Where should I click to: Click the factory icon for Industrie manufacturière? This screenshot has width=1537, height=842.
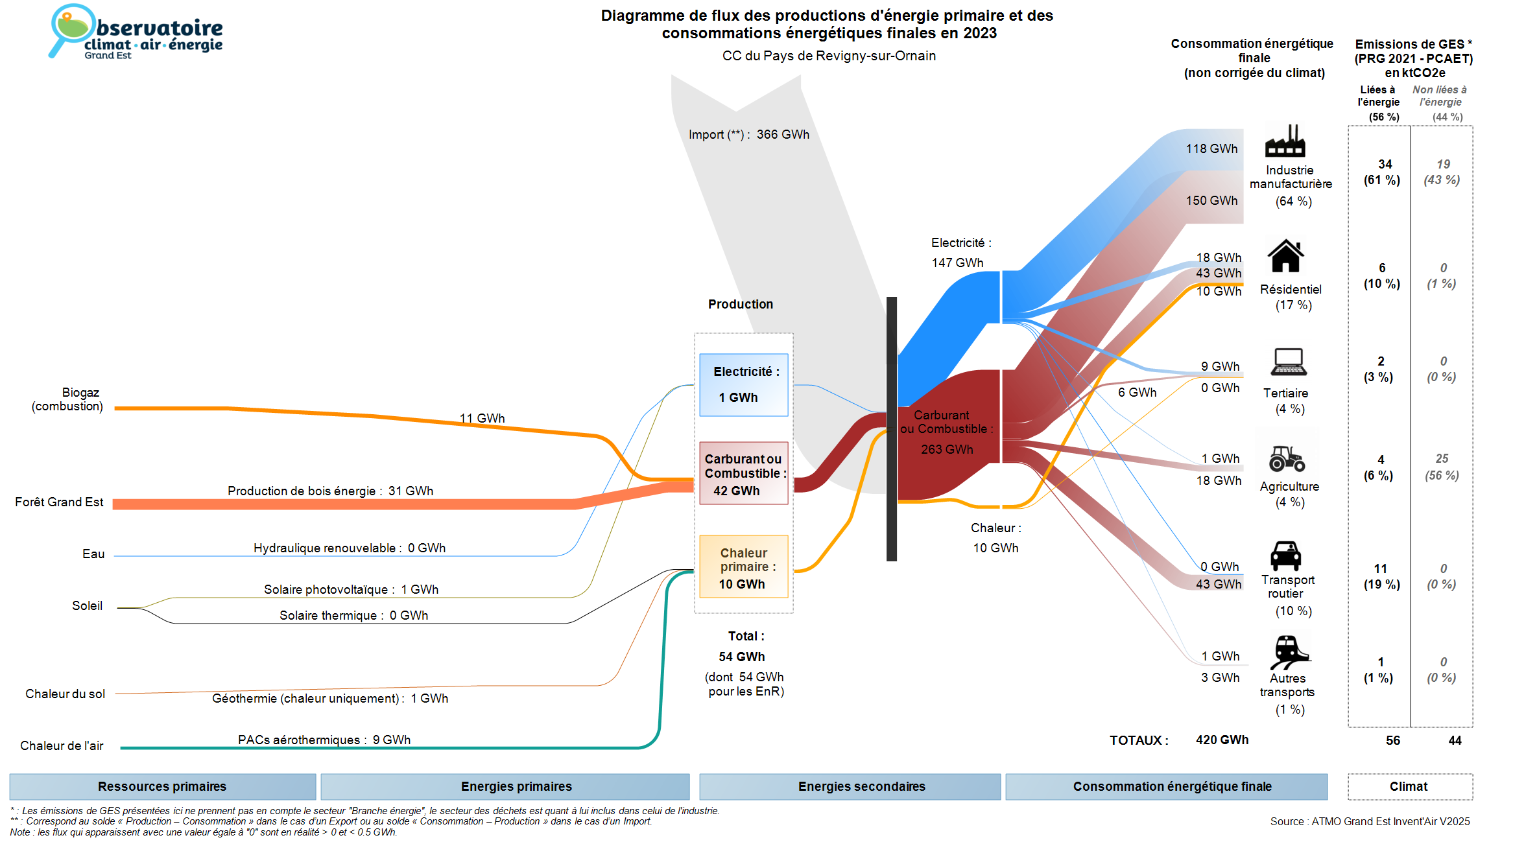pos(1285,141)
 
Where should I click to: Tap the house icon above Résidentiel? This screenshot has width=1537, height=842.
pos(1285,256)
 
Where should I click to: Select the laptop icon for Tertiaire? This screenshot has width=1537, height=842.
pos(1288,362)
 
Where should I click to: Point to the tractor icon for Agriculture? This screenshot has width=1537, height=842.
pos(1287,458)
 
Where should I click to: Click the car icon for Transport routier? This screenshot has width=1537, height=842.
pos(1285,555)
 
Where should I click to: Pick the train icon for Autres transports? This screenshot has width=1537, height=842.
pos(1288,651)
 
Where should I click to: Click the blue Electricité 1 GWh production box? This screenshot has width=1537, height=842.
pos(743,384)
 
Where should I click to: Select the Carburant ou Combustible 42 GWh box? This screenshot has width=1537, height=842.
pos(743,473)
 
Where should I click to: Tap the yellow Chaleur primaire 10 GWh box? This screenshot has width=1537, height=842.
pos(743,567)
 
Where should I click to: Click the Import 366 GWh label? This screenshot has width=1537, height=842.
pos(748,135)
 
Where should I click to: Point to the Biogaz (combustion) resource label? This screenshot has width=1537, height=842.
pos(67,399)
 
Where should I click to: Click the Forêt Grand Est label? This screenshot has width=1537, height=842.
pos(59,502)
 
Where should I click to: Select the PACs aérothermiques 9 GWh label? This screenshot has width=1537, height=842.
pos(324,740)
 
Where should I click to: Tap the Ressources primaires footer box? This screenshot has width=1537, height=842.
pos(162,786)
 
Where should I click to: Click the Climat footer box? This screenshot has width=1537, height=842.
pos(1409,786)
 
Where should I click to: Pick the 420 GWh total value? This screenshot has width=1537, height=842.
pos(1222,740)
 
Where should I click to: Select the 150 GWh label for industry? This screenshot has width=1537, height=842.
pos(1211,201)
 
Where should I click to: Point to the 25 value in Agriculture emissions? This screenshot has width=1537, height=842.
pos(1442,459)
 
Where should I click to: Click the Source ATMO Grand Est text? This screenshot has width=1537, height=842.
pos(1370,821)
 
